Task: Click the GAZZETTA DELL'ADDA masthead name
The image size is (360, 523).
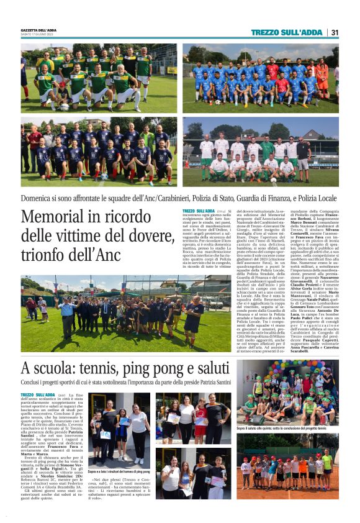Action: (x=38, y=30)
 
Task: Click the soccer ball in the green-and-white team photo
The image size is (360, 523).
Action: (x=65, y=106)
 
